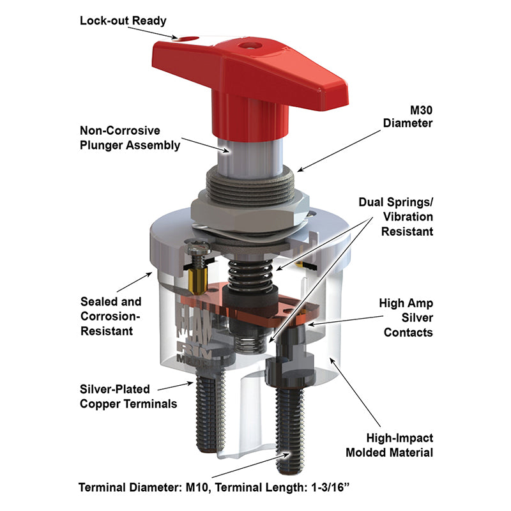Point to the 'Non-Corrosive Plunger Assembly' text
pyautogui.click(x=130, y=138)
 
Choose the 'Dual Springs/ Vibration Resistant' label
pyautogui.click(x=396, y=217)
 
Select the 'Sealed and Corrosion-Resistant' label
pyautogui.click(x=111, y=316)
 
